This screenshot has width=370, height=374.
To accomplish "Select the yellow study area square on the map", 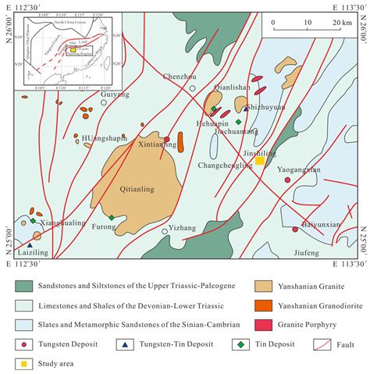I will click(259, 162).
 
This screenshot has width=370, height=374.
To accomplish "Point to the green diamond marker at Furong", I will click(112, 218).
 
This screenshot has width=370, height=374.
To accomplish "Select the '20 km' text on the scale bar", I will click(340, 22).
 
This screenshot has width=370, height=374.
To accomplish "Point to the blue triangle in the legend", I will click(123, 342).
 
